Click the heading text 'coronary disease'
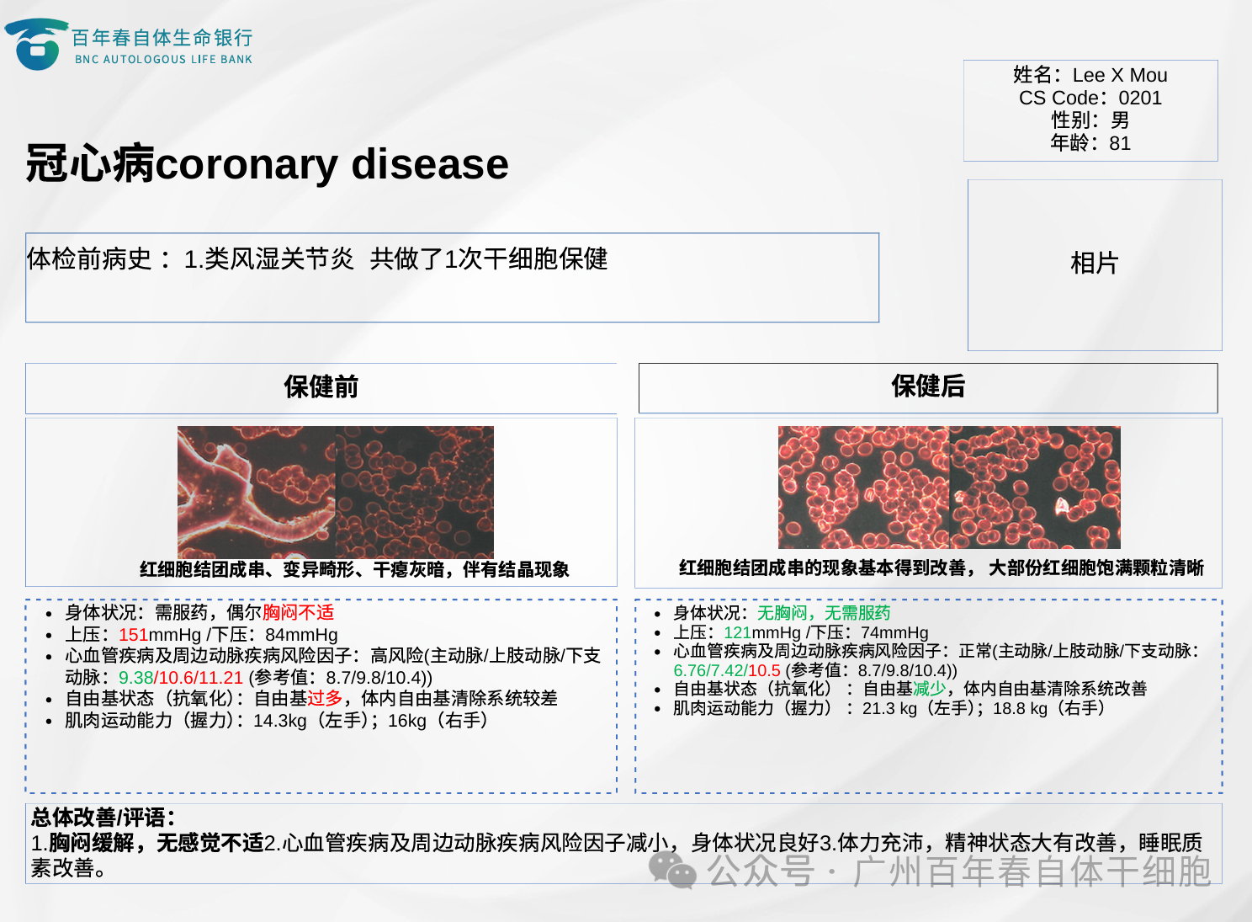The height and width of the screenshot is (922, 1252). tap(332, 164)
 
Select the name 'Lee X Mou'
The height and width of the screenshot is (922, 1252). tap(1120, 75)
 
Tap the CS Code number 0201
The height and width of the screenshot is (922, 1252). tap(1139, 98)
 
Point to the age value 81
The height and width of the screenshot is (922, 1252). tap(1120, 143)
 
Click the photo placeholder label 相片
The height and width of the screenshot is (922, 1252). tap(1094, 263)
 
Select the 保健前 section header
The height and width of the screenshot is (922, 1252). tap(321, 386)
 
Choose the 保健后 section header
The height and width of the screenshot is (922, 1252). tap(928, 386)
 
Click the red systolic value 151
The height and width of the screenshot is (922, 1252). tap(133, 634)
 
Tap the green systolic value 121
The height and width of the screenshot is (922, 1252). tap(738, 632)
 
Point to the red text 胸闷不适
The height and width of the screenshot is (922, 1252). tap(298, 612)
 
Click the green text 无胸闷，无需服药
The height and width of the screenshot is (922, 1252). tap(823, 613)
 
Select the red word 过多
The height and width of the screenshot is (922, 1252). tap(324, 698)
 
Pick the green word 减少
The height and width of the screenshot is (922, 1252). tap(929, 688)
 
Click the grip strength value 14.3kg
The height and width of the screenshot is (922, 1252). tap(280, 721)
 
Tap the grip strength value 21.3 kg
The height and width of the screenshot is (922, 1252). tap(889, 708)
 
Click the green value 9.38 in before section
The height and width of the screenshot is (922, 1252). tap(135, 678)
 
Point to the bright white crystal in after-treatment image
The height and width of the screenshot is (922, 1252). tap(1061, 506)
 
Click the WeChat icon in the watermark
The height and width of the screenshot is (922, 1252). tap(671, 870)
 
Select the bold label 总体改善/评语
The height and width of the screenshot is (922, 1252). tap(103, 818)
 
